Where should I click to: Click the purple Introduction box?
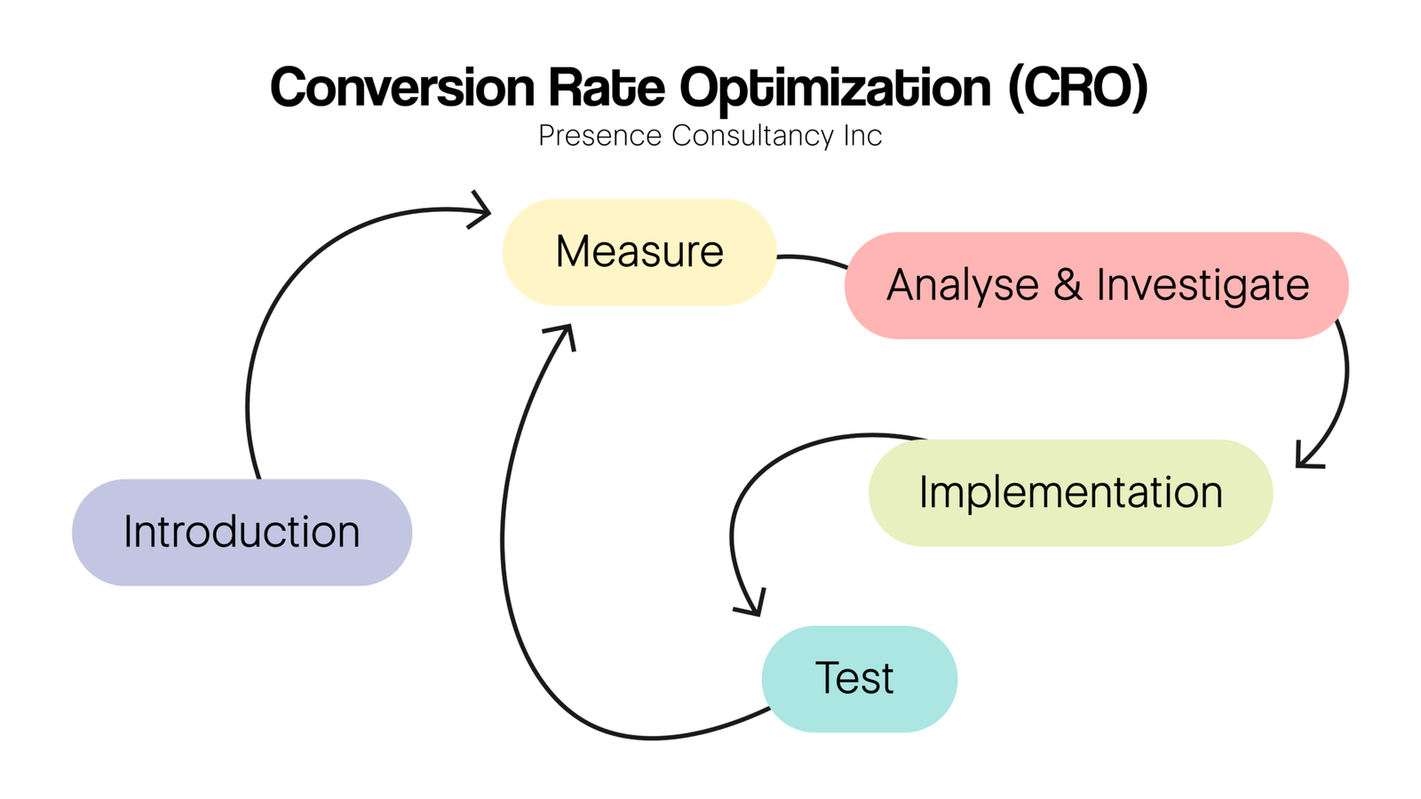tap(242, 533)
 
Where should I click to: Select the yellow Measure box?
tap(639, 252)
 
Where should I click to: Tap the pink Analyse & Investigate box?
tap(1097, 286)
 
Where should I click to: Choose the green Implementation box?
tap(1070, 493)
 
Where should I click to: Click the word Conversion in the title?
tap(402, 88)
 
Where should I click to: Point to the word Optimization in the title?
tap(835, 88)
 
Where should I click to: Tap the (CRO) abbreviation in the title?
tap(1077, 88)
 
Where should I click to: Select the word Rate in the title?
tap(606, 88)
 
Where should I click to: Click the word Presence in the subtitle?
tap(599, 136)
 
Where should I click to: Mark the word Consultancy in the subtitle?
tap(752, 136)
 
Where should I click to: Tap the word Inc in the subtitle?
tap(862, 136)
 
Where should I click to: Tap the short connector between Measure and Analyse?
tap(812, 259)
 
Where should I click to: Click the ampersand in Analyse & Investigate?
tap(1068, 286)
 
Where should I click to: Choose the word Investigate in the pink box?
tap(1203, 286)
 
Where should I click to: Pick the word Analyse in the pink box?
tap(963, 286)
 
